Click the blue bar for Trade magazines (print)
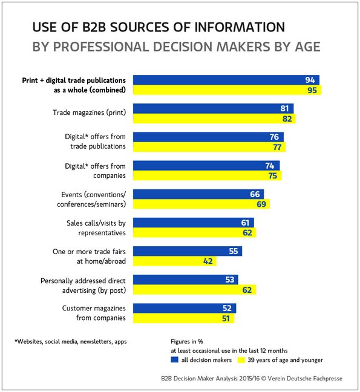pos(213,108)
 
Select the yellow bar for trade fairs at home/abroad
pos(174,261)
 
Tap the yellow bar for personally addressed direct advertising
pos(194,290)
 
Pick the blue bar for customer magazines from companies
pos(185,309)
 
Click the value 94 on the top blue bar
pos(310,80)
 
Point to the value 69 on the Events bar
pos(261,204)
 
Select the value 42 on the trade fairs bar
pos(208,261)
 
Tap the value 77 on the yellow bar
pos(277,147)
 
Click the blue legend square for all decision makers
pos(174,360)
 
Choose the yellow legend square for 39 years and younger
pos(241,360)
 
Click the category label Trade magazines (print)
pos(90,113)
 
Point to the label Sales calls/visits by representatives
pos(96,228)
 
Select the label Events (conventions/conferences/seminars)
pos(91,200)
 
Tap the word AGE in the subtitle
pos(308,47)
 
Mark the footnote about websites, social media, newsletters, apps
pos(71,342)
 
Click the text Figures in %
pos(187,342)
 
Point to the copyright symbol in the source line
pos(264,379)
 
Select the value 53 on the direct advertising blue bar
pos(230,279)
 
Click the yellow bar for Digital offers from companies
pos(208,175)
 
